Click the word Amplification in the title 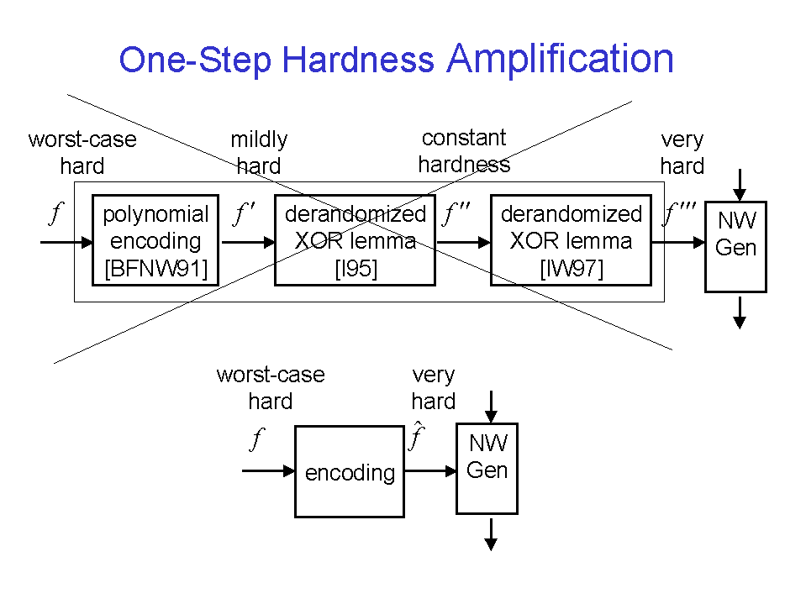tap(560, 59)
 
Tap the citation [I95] tap(356, 268)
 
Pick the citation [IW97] tap(571, 268)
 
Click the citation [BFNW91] tap(155, 268)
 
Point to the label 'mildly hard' tap(259, 153)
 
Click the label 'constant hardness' tap(464, 151)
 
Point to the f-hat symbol tap(416, 435)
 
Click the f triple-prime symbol tap(678, 213)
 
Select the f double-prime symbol tap(456, 213)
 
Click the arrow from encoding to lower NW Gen tap(430, 470)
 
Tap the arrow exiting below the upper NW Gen tap(739, 313)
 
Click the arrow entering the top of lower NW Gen tap(491, 407)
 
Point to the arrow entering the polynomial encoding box tap(66, 242)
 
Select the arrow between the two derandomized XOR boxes tap(463, 242)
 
